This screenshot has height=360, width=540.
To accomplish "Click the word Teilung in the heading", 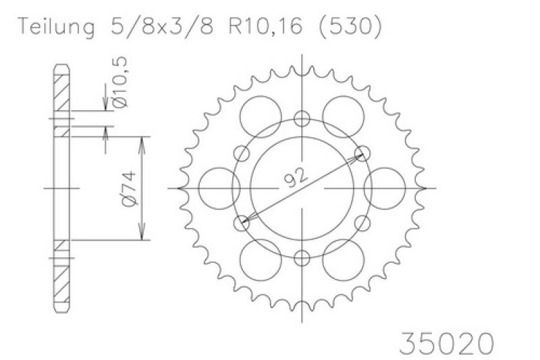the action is tap(56, 26).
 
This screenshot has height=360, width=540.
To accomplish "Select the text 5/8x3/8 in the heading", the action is tap(162, 26).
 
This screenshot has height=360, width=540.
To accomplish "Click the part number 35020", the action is tap(447, 342).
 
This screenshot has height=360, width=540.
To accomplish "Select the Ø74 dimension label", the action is tap(129, 188).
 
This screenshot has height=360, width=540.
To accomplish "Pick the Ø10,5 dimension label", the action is tap(121, 82).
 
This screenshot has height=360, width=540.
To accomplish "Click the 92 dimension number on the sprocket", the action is tap(295, 178).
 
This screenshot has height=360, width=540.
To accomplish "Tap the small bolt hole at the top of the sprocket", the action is tap(302, 119).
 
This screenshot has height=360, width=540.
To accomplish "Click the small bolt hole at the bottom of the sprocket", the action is tap(302, 258).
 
